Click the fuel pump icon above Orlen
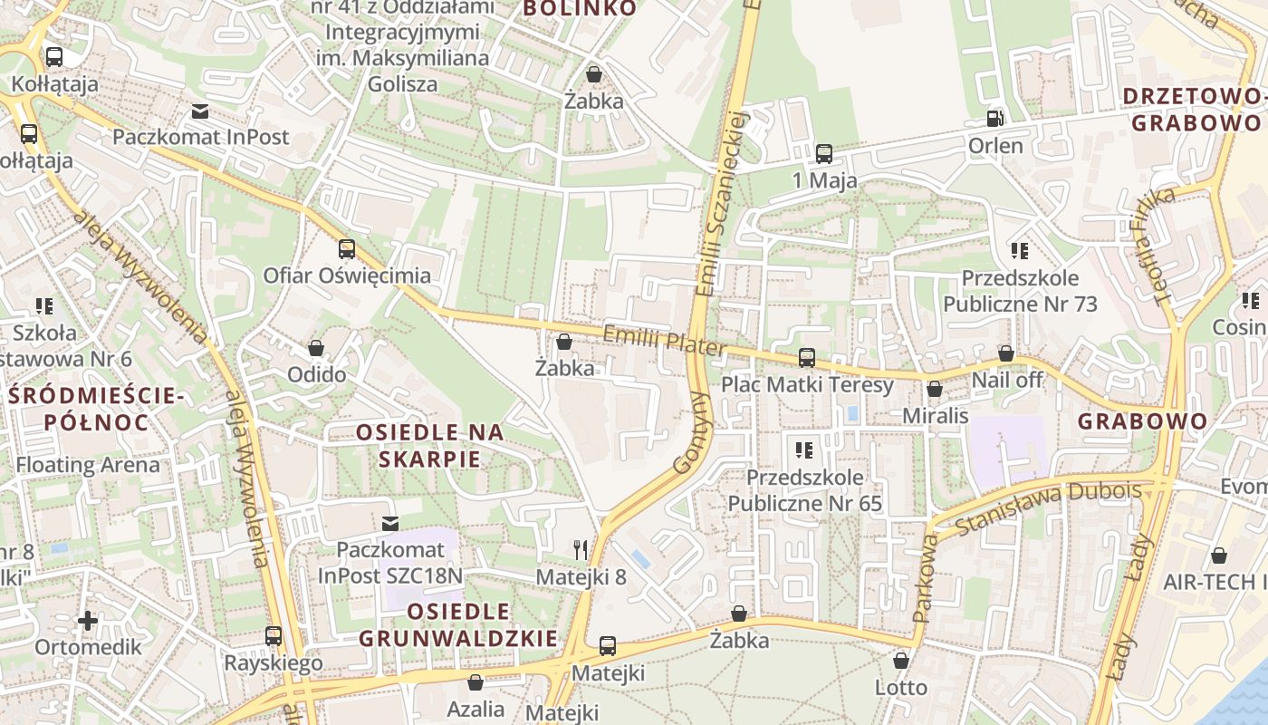tap(994, 119)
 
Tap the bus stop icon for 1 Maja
tap(823, 154)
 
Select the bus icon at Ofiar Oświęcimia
tap(346, 249)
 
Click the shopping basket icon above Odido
tap(316, 348)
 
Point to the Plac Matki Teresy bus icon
tap(806, 358)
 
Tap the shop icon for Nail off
tap(1005, 353)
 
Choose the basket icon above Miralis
tap(935, 389)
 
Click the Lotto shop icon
tap(900, 661)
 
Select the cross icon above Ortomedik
tap(88, 621)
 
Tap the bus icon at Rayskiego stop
tap(274, 636)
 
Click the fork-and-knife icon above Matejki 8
tap(581, 549)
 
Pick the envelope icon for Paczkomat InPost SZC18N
tap(390, 523)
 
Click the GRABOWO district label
tap(1143, 421)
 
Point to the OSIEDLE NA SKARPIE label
tap(429, 445)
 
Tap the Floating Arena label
tap(88, 466)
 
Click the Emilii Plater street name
tap(664, 342)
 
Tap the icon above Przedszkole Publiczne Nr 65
tap(803, 449)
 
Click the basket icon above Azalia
tap(475, 682)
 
